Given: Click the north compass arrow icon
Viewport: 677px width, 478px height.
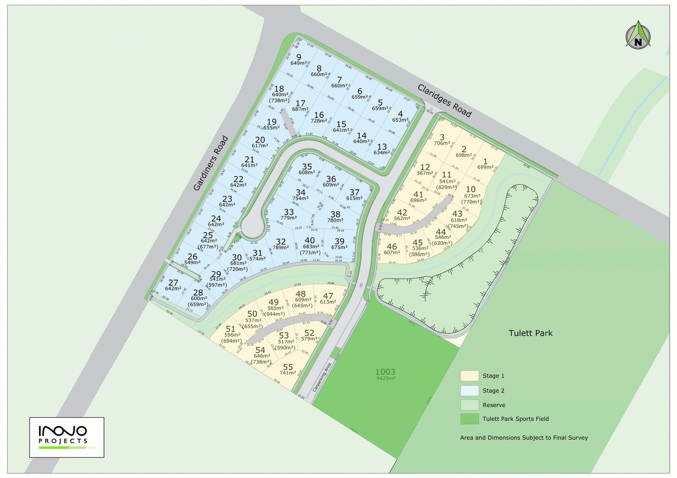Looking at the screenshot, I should coord(638,35).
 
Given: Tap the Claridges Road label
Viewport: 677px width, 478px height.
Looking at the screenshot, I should coord(444,100).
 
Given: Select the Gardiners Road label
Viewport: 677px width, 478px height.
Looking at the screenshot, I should coord(212,163).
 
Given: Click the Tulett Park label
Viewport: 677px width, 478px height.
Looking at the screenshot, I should coord(530,333).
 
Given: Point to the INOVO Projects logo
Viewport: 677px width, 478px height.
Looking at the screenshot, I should coord(67,437).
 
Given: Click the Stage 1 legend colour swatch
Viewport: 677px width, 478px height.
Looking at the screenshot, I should coord(469,375).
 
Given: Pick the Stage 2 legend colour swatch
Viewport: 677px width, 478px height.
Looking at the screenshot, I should coord(469,390).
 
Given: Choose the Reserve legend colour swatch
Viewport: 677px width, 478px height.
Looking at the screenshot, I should coord(469,405).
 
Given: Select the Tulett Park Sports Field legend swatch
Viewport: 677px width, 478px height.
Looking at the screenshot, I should coord(469,419).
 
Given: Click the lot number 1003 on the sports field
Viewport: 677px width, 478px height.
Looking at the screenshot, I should coord(385,371).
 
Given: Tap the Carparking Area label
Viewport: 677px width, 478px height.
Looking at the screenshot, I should coord(322,377).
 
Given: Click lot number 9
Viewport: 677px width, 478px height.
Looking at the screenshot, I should coord(298,57).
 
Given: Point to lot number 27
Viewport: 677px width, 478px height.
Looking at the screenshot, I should coord(173,283).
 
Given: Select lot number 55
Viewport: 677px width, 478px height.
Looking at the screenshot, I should coord(288,367).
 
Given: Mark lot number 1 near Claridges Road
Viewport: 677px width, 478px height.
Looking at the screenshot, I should coord(485,162).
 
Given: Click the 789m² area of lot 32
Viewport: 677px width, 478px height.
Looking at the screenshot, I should coord(281,248).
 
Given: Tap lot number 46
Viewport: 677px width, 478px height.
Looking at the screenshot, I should coord(391,246).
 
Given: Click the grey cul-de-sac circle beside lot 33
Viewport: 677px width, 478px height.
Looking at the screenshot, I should coord(252,226).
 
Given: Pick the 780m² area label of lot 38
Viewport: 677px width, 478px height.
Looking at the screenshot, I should coord(335,220).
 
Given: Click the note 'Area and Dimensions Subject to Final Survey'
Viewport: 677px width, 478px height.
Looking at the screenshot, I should coord(524,438).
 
